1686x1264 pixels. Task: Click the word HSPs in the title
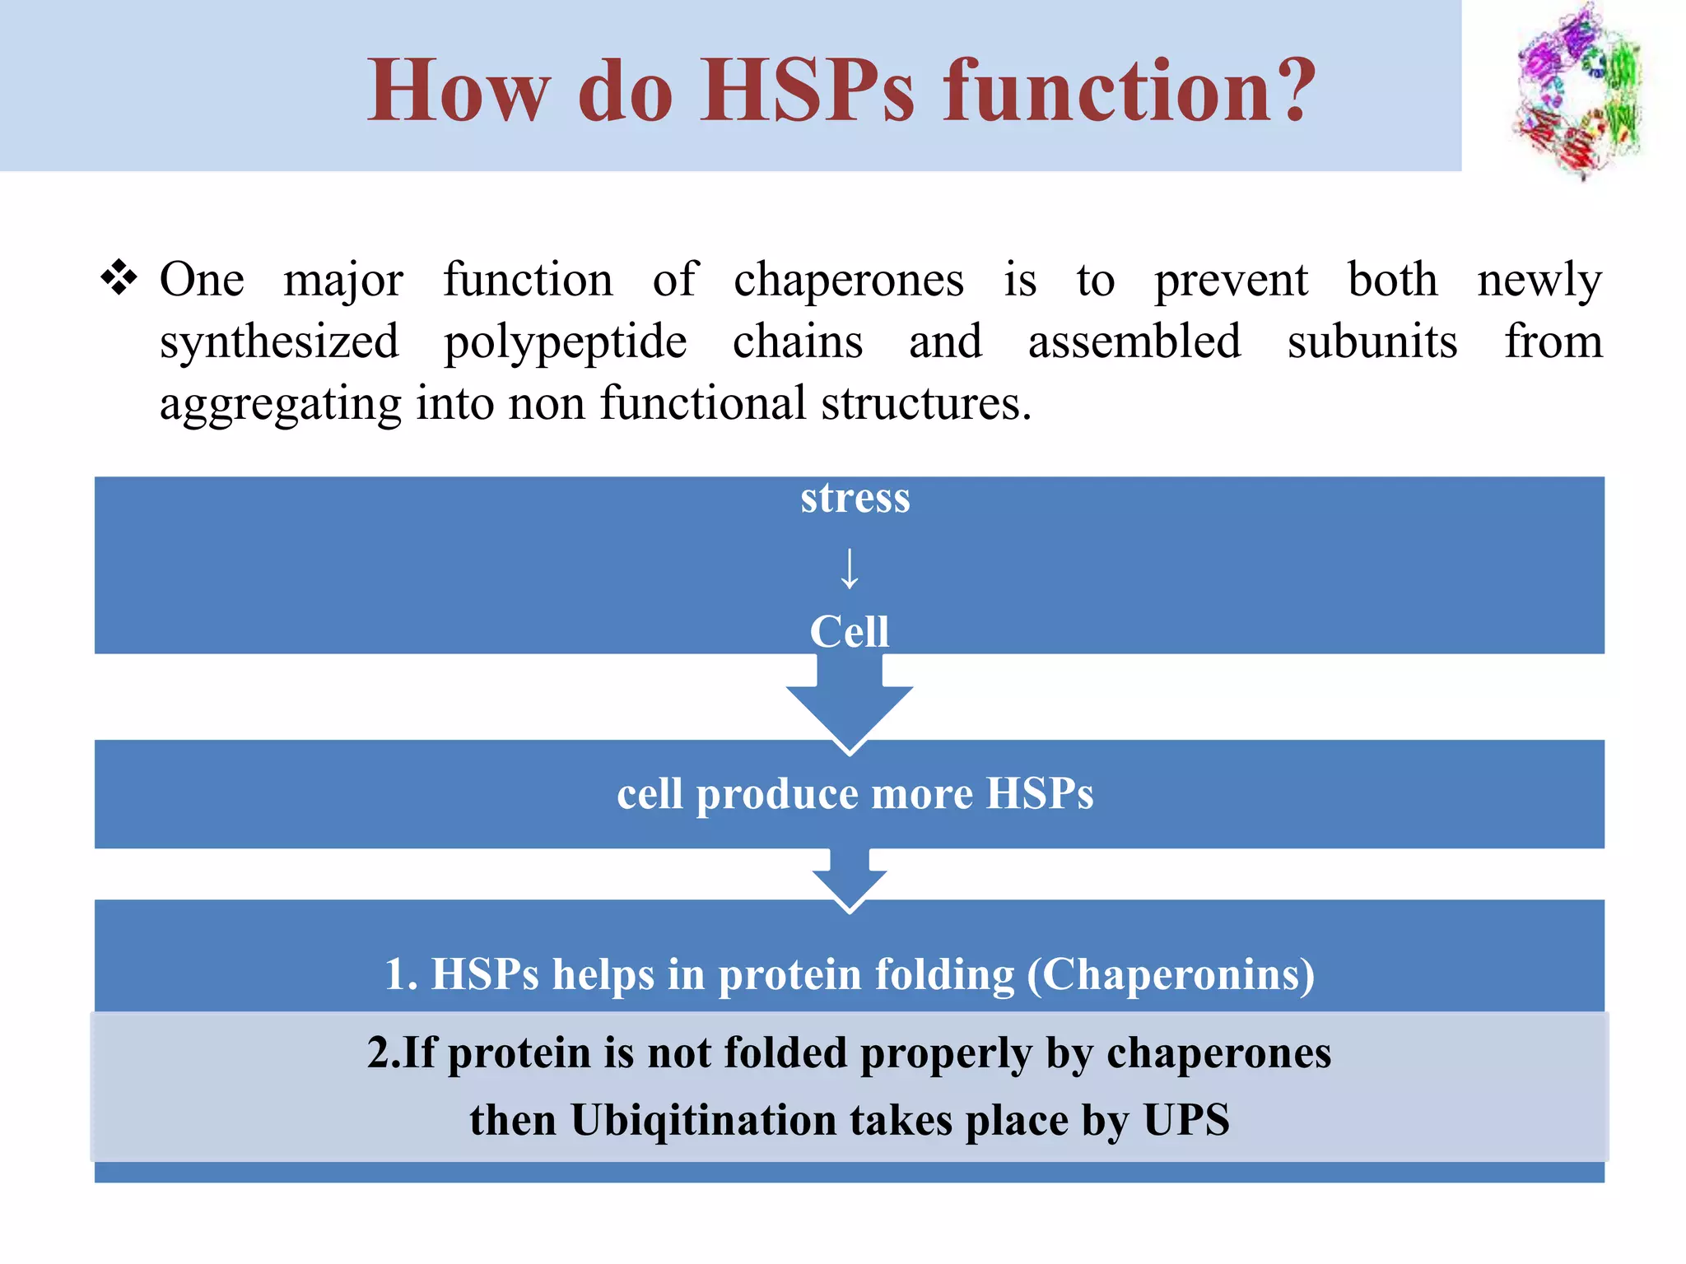(808, 91)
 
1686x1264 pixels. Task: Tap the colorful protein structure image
(1577, 91)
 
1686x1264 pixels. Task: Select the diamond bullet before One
(119, 278)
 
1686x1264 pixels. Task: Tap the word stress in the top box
(855, 499)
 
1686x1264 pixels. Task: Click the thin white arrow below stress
(849, 569)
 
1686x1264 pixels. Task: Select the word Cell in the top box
(849, 632)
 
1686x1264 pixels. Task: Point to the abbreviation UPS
(1185, 1121)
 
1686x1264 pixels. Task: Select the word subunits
(1372, 342)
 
